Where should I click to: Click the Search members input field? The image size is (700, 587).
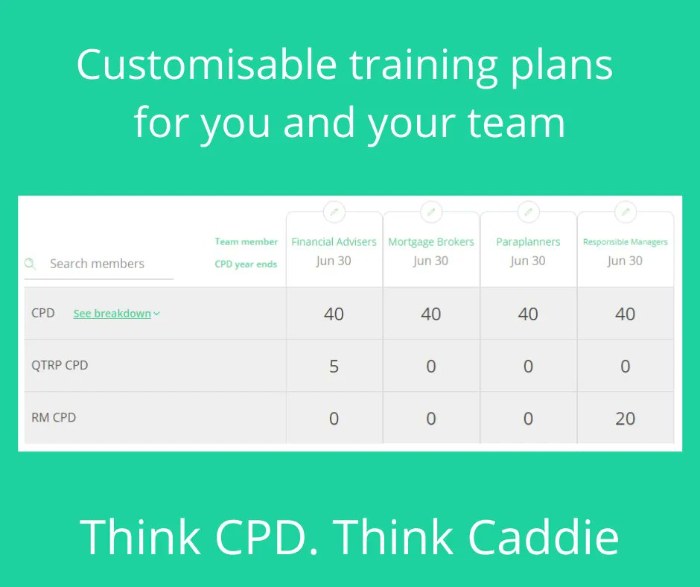click(104, 264)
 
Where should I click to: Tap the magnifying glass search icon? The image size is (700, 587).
click(30, 264)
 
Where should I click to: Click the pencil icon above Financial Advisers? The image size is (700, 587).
click(334, 212)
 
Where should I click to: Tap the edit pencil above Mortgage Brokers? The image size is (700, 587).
click(431, 212)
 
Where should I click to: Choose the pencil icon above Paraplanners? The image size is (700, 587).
click(528, 212)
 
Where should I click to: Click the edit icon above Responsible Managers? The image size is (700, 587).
click(626, 212)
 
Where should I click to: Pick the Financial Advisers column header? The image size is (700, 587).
click(334, 242)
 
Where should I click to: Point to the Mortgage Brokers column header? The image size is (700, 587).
click(431, 242)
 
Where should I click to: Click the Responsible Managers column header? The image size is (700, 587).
click(626, 242)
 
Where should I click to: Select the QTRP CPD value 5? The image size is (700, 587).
click(334, 366)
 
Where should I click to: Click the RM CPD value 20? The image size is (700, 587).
click(626, 418)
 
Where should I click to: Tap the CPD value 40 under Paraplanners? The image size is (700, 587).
click(528, 314)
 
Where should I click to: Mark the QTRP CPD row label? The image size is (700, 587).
click(60, 366)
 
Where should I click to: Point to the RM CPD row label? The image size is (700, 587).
click(54, 418)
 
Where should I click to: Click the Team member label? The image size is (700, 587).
click(246, 241)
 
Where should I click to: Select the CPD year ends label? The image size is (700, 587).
click(246, 264)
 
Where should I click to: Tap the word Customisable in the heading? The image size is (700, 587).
click(206, 65)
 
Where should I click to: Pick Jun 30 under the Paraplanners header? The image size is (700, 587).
click(528, 261)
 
